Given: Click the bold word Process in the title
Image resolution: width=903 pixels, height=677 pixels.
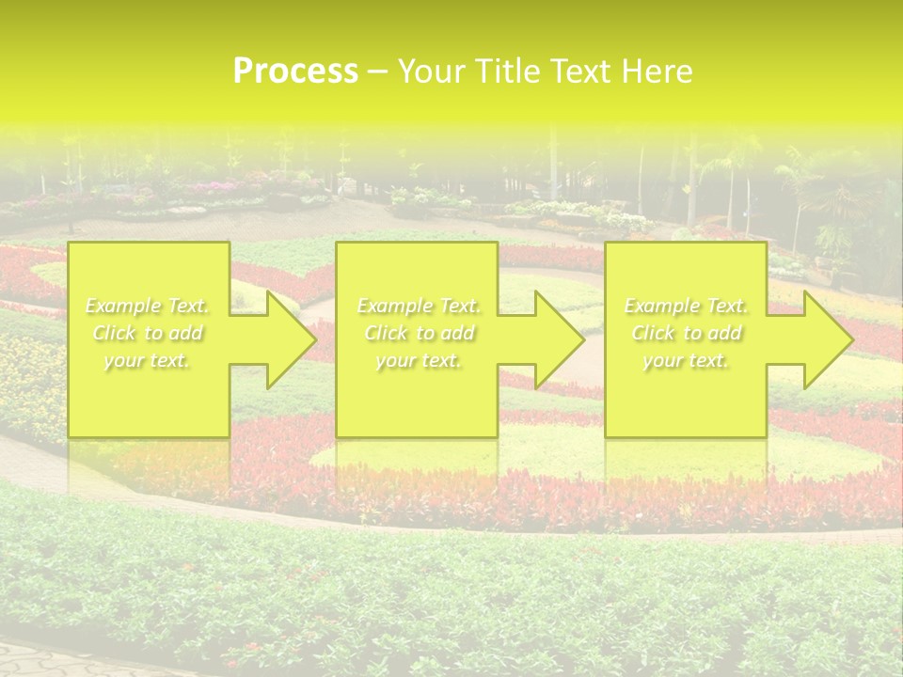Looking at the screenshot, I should tap(295, 71).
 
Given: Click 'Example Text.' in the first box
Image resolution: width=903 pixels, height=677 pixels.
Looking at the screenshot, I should tap(148, 306).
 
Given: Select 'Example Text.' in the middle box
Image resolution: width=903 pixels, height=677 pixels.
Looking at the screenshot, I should tap(419, 306).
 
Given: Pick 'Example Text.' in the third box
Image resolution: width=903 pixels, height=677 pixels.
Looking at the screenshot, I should tap(686, 306).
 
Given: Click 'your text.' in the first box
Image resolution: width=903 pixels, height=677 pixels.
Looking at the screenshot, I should tap(148, 360).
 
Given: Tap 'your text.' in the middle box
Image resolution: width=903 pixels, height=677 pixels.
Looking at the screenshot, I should tap(419, 360).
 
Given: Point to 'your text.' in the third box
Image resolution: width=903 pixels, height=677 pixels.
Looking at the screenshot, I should tap(686, 360).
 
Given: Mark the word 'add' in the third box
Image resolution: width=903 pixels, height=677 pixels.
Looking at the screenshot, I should tap(725, 333).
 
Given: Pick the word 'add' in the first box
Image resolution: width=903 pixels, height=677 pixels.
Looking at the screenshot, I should tap(187, 333).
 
